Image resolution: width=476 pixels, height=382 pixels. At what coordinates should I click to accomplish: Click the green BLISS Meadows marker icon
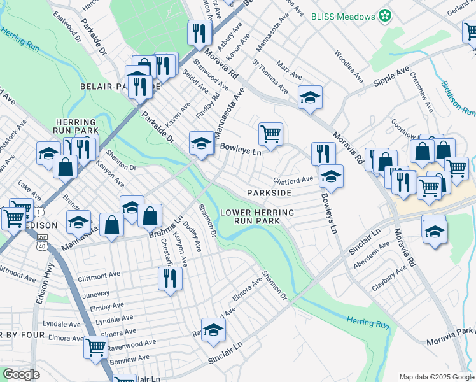tap(384, 15)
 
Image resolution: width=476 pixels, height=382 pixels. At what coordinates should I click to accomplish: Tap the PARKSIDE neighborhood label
tap(270, 192)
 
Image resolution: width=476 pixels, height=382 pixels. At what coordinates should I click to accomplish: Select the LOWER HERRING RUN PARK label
tap(257, 216)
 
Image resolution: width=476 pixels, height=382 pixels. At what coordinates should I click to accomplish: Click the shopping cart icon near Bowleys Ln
tap(270, 134)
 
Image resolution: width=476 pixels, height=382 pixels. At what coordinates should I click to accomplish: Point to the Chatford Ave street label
tap(293, 180)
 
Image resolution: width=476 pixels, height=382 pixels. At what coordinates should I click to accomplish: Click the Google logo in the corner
tap(21, 374)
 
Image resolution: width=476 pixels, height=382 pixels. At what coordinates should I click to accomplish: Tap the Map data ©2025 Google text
tap(436, 377)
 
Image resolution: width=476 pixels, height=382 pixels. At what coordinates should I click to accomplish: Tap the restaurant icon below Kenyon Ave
tap(170, 278)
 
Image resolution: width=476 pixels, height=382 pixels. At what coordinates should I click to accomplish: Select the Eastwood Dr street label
tap(68, 28)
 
